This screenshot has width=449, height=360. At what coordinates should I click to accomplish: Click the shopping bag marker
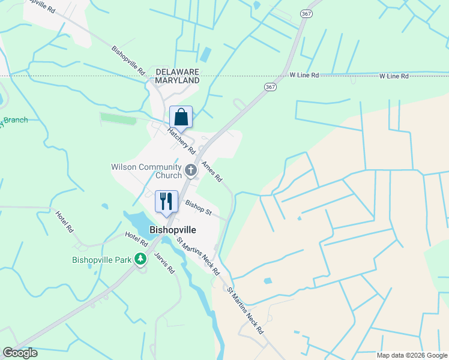pos(181,116)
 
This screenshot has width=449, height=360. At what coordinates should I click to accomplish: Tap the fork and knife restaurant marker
pos(165,201)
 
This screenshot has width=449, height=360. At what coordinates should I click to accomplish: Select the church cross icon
pos(191,171)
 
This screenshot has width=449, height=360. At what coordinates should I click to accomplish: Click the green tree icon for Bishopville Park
pos(140,259)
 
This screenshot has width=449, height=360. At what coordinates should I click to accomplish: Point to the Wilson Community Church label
pos(146,171)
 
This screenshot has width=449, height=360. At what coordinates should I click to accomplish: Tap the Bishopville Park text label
pos(101,260)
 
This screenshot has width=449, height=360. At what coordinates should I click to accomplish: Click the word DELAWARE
pos(177,71)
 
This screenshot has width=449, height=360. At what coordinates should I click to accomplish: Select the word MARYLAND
pos(177,80)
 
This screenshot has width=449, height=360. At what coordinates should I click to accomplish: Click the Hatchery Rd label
pos(181,139)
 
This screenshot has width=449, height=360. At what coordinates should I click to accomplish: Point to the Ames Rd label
pos(212,172)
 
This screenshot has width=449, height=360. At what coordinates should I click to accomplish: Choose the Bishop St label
pos(198,208)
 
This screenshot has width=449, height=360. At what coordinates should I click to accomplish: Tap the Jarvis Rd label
pos(164,262)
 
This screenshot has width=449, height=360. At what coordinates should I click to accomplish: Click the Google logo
pos(20,353)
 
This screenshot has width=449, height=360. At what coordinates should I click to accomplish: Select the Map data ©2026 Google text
pos(412,355)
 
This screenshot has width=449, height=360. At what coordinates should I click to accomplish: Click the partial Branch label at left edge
pos(16,121)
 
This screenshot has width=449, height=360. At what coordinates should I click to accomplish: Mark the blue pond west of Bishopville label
pos(137,223)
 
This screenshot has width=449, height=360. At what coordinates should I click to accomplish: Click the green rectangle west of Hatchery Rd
pos(118,119)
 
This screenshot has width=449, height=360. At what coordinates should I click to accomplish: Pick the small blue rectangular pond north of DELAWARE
pos(205,55)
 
